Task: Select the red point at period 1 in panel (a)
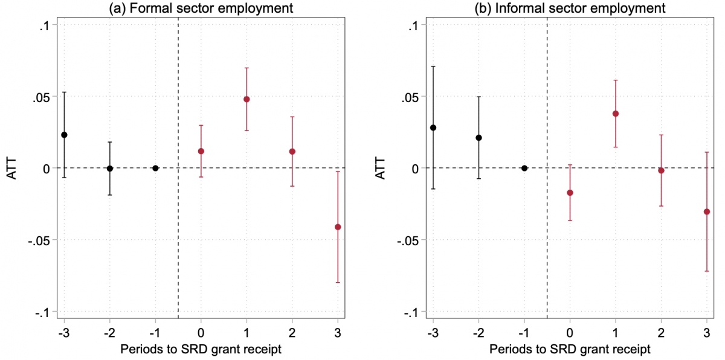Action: pyautogui.click(x=246, y=99)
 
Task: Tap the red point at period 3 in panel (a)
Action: pyautogui.click(x=338, y=227)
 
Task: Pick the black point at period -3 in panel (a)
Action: pyautogui.click(x=64, y=135)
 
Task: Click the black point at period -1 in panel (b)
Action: pyautogui.click(x=524, y=168)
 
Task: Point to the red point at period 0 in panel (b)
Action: pyautogui.click(x=570, y=193)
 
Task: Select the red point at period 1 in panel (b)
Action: pyautogui.click(x=616, y=114)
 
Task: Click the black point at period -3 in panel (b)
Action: pyautogui.click(x=433, y=127)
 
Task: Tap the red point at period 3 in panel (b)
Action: pyautogui.click(x=707, y=211)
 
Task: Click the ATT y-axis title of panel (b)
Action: pyautogui.click(x=381, y=168)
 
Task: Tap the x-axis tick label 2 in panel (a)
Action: pyautogui.click(x=292, y=333)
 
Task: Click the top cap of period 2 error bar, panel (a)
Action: pyautogui.click(x=292, y=117)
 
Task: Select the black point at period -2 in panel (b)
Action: pyautogui.click(x=478, y=138)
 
